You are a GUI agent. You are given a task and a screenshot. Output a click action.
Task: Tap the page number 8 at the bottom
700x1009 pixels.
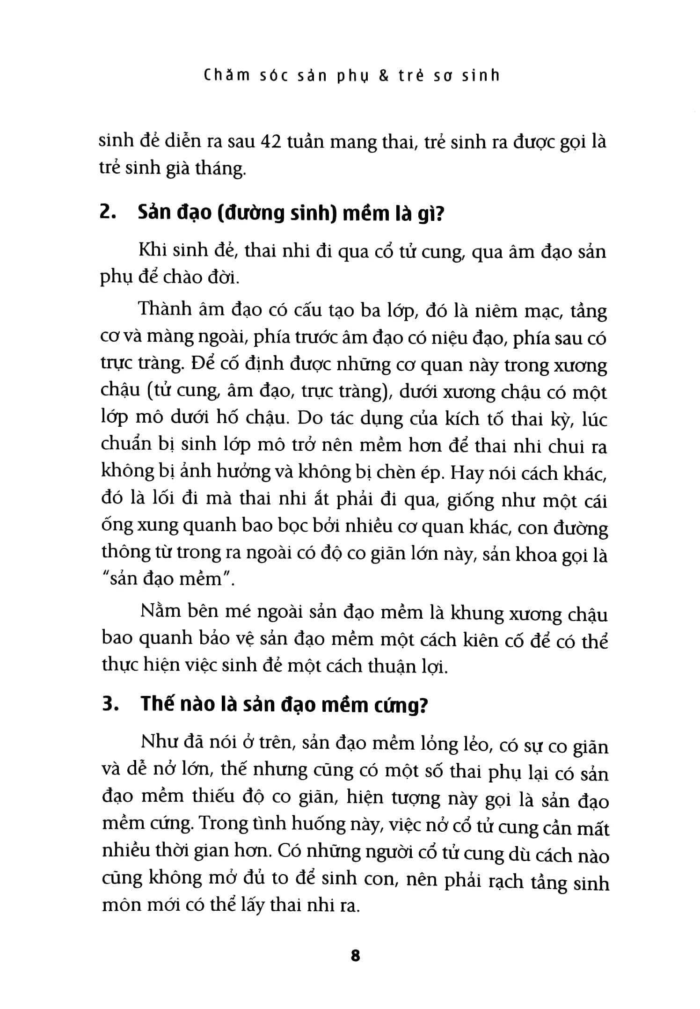[355, 955]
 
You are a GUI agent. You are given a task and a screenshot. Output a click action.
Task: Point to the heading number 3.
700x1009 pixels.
[109, 705]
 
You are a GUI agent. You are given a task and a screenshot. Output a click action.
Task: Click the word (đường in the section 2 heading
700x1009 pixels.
[248, 214]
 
